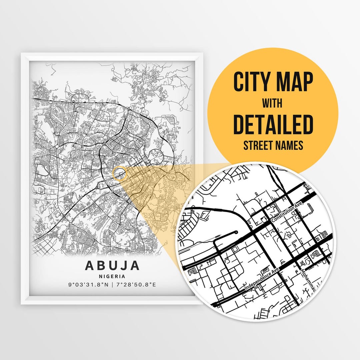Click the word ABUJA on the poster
point(112,265)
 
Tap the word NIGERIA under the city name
point(112,276)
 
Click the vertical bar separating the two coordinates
point(112,285)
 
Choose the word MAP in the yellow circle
point(293,82)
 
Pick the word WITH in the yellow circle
point(273,104)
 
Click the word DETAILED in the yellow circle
point(273,124)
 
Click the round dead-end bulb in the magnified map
point(236,232)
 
